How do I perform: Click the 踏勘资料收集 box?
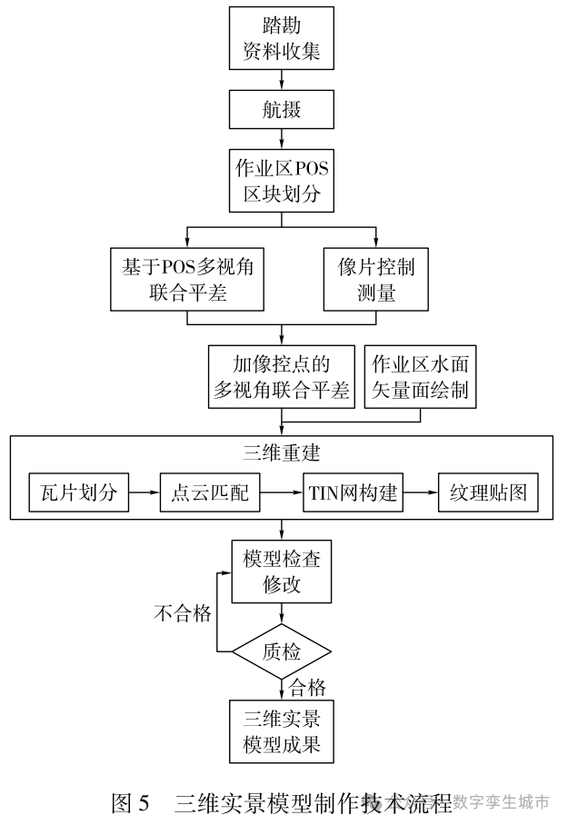281,37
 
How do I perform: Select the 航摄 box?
281,111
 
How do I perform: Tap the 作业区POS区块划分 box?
281,181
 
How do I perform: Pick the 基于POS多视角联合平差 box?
186,279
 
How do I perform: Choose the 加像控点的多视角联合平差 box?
281,376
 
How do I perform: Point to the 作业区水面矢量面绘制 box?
420,376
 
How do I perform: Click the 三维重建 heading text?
282,452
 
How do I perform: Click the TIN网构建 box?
352,494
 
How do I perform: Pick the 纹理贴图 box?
488,494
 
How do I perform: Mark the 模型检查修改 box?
281,572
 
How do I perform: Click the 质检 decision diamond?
281,651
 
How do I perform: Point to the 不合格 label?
182,614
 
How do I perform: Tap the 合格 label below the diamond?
308,687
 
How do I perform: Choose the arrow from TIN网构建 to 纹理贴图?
420,494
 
